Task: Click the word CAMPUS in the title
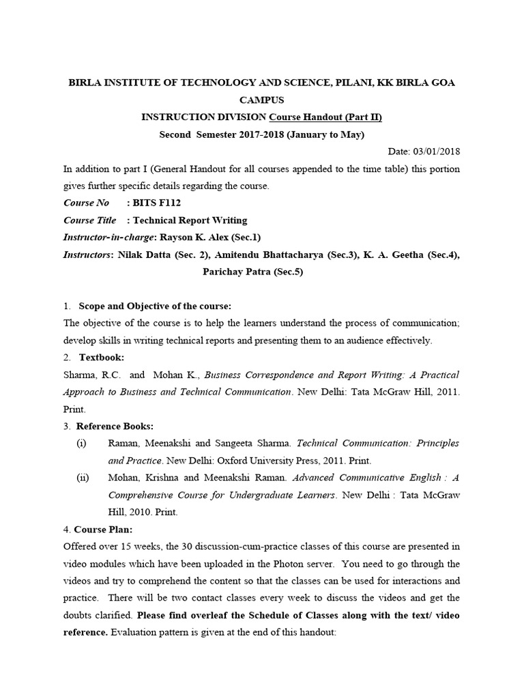[262, 100]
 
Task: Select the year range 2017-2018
[238, 134]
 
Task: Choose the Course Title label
[90, 220]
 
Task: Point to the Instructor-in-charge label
[109, 237]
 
